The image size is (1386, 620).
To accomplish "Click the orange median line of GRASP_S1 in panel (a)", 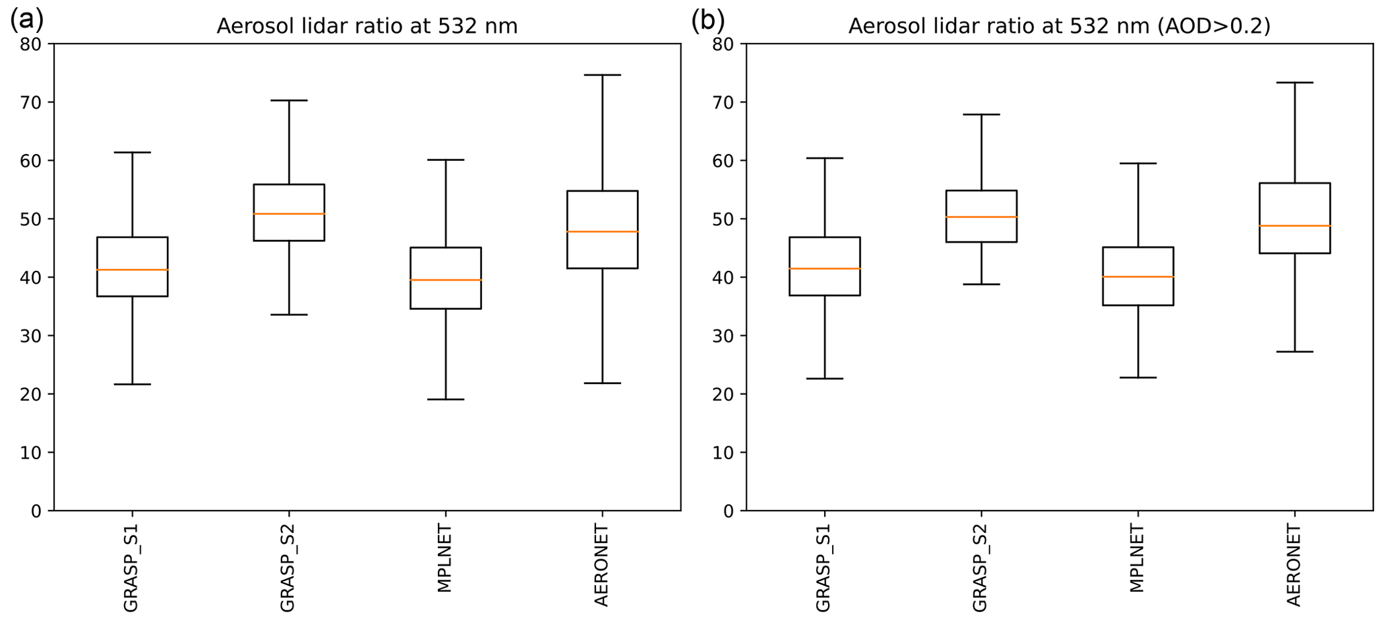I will coord(132,269).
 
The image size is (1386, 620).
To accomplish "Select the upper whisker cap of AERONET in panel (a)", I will coord(602,75).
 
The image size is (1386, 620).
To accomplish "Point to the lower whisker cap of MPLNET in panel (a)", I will coord(445,399).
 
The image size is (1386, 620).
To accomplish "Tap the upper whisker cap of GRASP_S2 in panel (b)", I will coord(981,115).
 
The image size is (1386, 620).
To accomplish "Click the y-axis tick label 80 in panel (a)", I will coord(31,44).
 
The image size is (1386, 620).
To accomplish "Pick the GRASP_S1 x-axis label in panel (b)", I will coord(823,568).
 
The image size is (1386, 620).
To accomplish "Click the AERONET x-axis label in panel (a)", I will coord(602,566).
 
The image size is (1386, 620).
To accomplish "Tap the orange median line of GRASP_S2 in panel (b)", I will coord(981,217).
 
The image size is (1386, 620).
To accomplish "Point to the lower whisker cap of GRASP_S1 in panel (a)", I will coord(132,384).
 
